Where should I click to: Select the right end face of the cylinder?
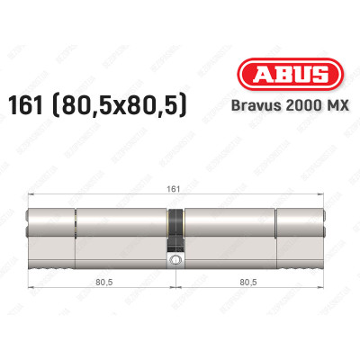point(324,238)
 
